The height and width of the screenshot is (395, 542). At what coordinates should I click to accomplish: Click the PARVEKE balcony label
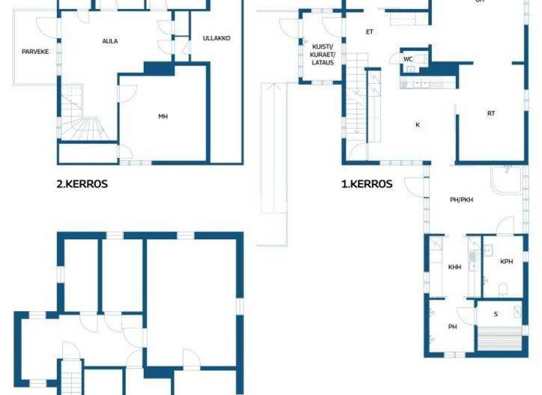pos(35,51)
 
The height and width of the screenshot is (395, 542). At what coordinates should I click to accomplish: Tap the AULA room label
pos(110,41)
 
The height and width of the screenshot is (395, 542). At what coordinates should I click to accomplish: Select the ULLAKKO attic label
pos(216,38)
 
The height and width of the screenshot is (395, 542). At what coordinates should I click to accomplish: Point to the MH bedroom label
pos(162,116)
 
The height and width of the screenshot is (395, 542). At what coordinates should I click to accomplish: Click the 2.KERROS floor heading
pos(82,184)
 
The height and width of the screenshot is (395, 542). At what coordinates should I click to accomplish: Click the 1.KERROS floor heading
pos(367,184)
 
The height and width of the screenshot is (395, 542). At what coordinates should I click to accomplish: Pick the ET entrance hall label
pos(369,32)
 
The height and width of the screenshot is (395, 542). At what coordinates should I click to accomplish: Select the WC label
pos(408,59)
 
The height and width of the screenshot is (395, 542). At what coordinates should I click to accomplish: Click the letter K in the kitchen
pos(417,125)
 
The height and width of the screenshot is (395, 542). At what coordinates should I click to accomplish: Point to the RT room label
pos(490,114)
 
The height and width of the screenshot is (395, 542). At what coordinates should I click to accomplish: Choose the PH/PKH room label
pos(462,200)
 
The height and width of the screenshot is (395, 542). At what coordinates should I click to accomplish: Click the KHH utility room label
pos(454,267)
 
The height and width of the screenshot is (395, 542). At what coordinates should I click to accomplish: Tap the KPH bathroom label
pos(507,262)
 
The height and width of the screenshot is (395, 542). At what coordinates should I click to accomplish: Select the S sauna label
pos(495,313)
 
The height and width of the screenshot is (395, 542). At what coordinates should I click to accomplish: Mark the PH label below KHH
pos(452,327)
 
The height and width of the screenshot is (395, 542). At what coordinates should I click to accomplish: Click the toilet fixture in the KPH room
pos(502,288)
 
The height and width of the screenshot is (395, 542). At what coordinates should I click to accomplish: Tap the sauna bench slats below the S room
pos(500,339)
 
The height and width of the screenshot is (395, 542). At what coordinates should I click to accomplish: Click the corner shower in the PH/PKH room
pos(507,179)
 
